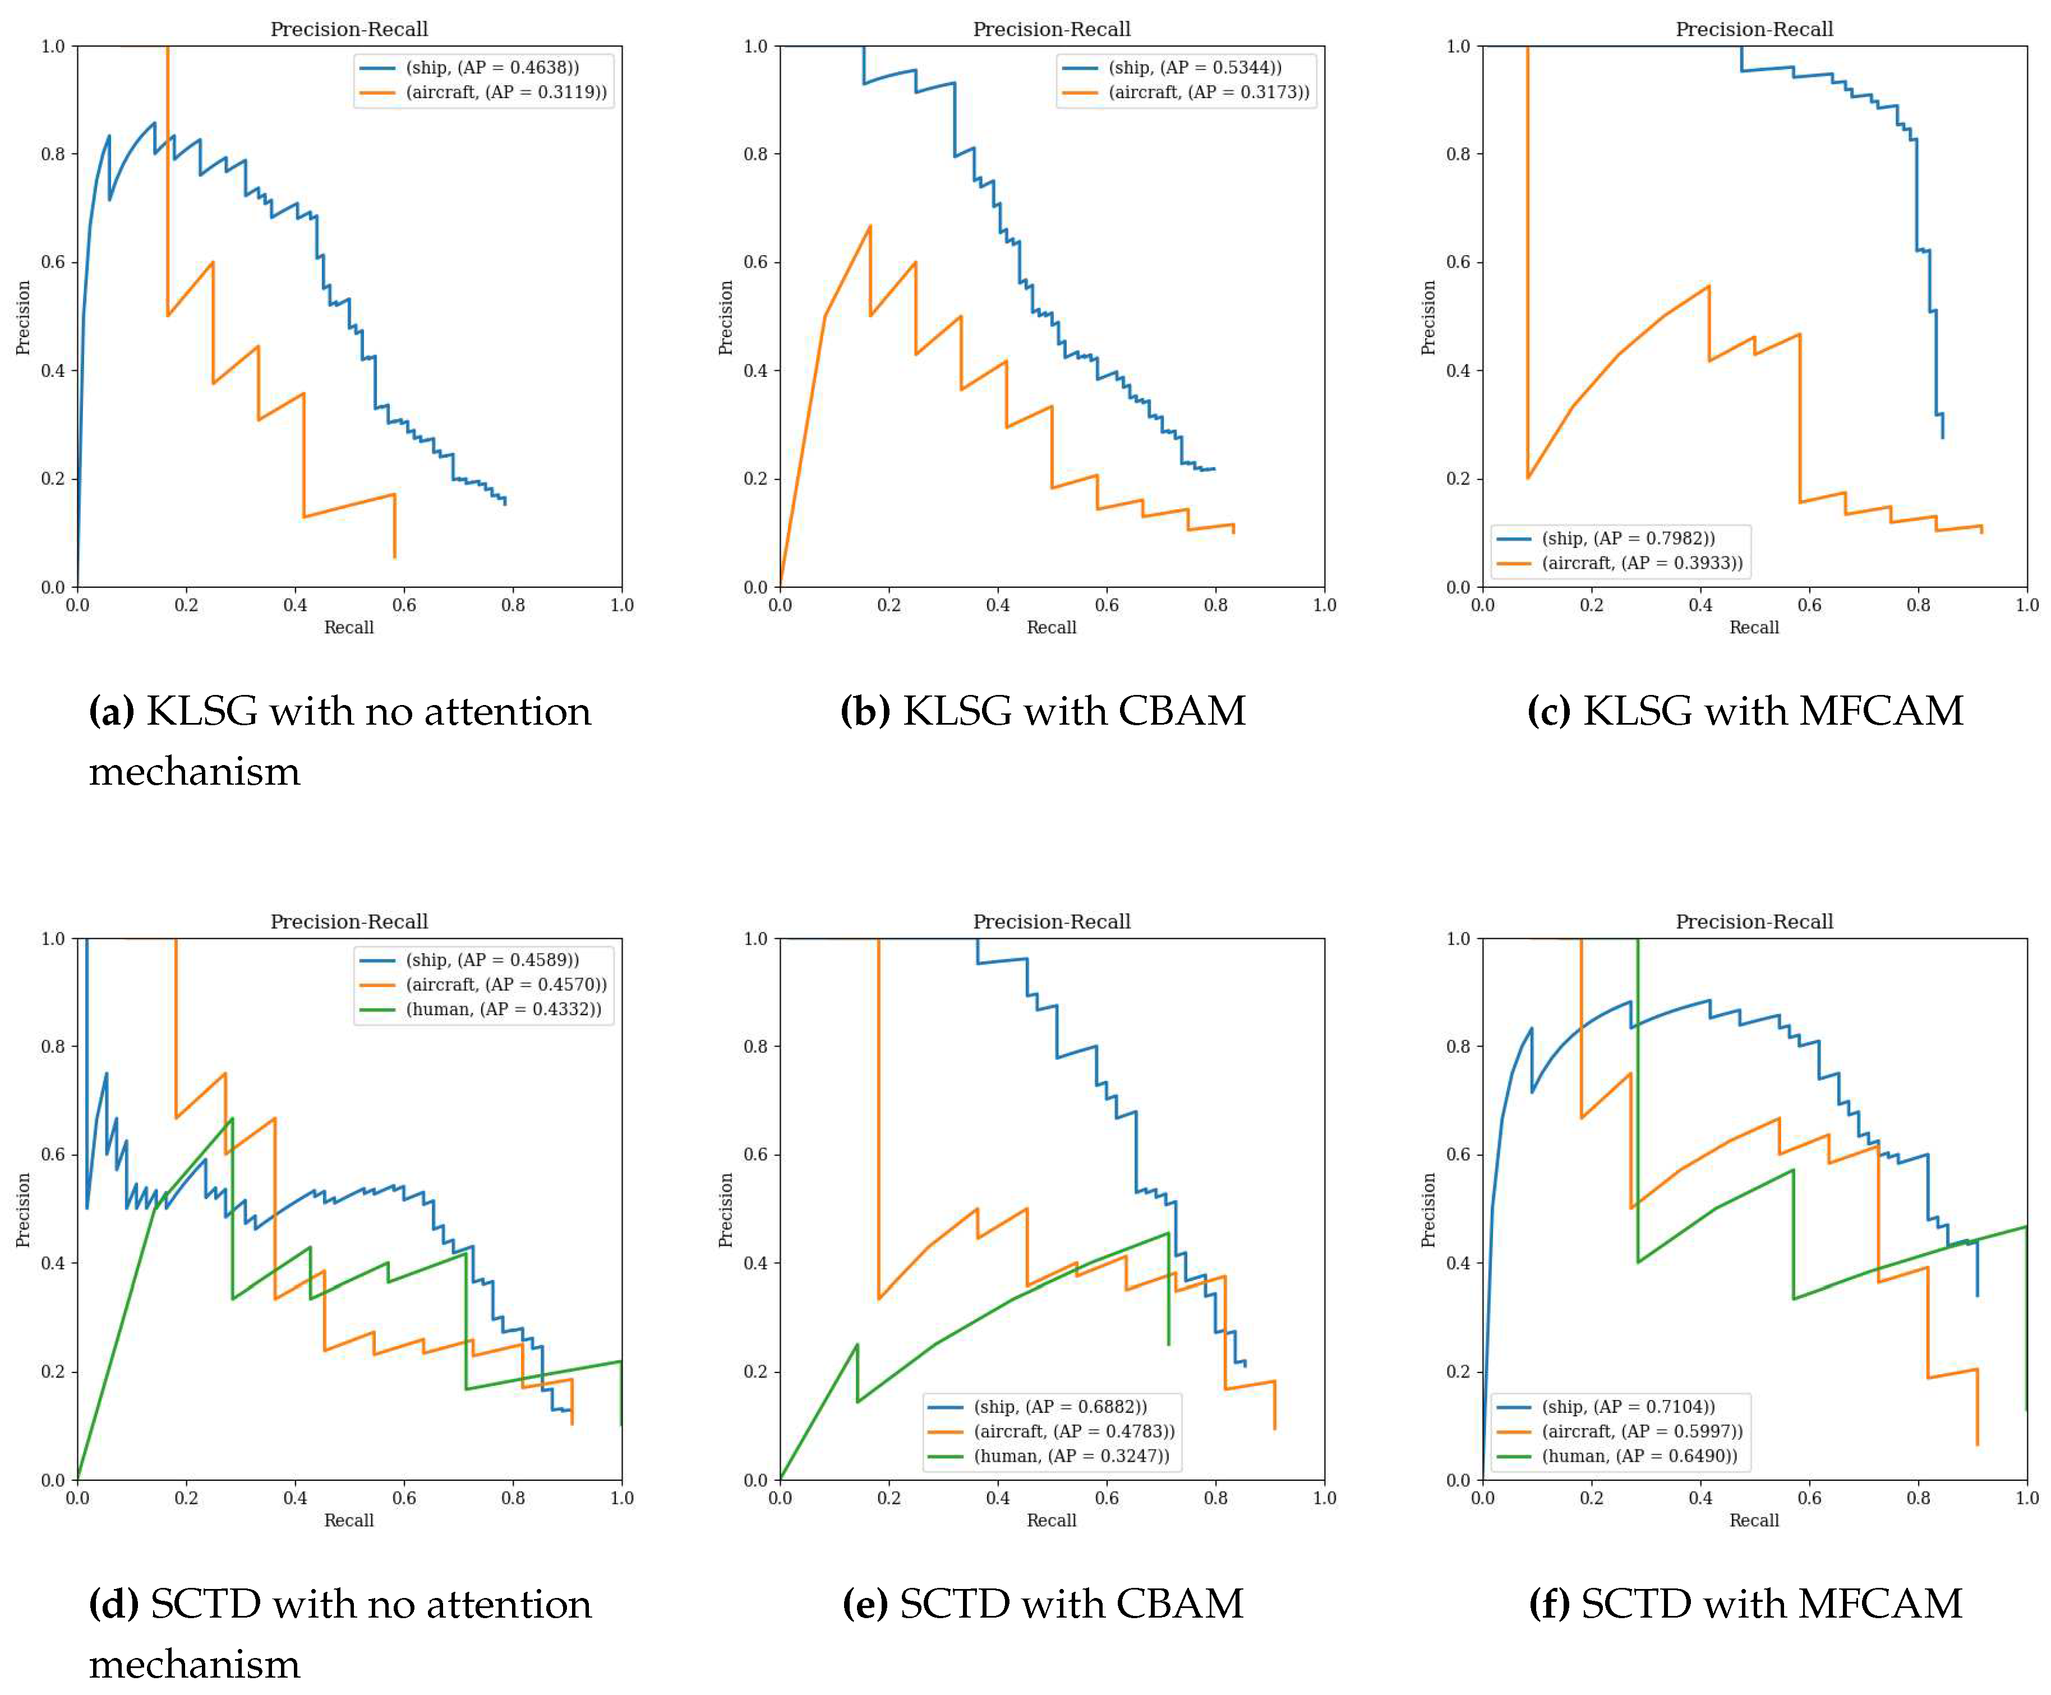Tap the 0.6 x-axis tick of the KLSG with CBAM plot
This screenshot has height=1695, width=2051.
click(1106, 605)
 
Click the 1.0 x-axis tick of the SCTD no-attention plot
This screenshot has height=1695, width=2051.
click(622, 1498)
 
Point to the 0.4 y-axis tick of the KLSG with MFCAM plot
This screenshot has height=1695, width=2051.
click(1458, 371)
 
